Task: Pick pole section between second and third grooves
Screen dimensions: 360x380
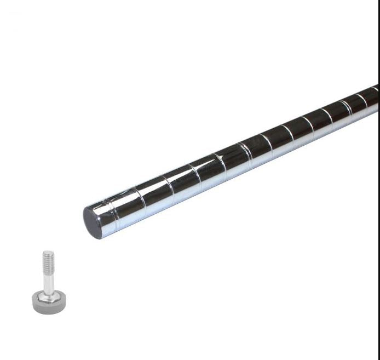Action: tap(155, 190)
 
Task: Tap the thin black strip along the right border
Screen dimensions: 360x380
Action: tap(378, 219)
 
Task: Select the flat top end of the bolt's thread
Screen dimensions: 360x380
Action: tap(48, 252)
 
